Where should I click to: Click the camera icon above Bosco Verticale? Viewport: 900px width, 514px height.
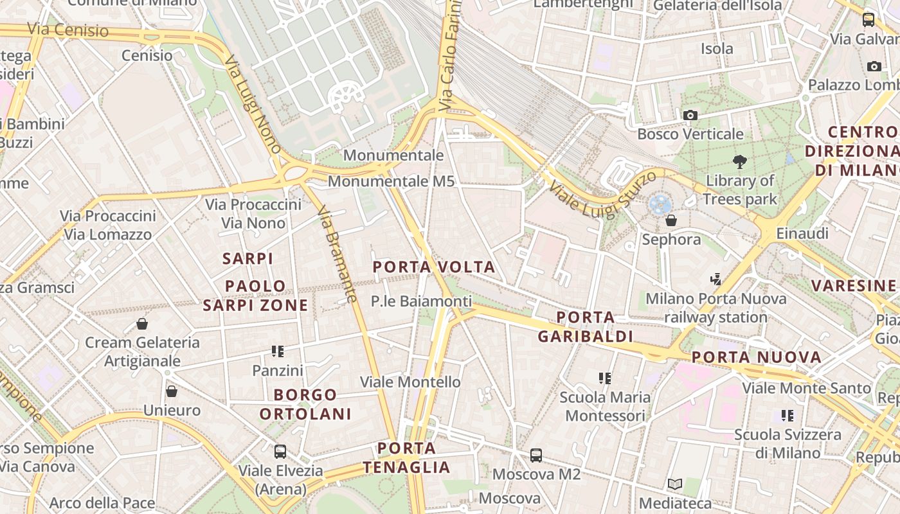(690, 116)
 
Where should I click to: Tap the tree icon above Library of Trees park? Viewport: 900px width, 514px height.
(740, 162)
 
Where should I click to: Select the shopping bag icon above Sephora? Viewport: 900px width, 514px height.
(671, 221)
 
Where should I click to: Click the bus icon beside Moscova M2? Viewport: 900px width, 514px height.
(536, 456)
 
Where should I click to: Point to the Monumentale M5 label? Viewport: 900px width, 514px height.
(391, 181)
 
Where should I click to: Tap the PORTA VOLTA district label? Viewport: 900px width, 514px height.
(434, 267)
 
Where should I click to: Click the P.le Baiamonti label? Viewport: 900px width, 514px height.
(421, 301)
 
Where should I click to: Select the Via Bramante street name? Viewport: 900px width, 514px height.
(337, 254)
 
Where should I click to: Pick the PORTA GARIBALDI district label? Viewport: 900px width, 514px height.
(585, 326)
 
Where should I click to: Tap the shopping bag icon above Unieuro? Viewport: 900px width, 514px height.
(172, 391)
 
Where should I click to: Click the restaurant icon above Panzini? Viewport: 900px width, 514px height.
(278, 351)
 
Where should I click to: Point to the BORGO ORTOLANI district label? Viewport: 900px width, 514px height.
(305, 404)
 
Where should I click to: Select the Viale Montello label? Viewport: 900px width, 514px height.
(410, 382)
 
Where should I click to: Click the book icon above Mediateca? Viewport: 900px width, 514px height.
(675, 484)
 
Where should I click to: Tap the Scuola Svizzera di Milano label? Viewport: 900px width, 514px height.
(788, 443)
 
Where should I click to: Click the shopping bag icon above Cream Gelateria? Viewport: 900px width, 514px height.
(142, 324)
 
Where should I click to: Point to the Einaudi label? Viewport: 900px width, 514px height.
(802, 233)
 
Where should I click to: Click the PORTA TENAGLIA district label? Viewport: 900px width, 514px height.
(406, 457)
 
